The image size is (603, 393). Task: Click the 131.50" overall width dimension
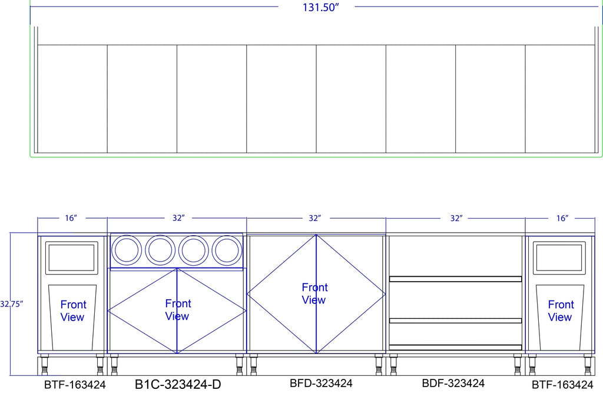pos(321,7)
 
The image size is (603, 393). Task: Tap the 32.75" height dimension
pos(12,304)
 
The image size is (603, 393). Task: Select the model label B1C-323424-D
pos(178,384)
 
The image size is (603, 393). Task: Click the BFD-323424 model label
pos(321,384)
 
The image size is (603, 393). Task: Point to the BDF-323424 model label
pos(453,384)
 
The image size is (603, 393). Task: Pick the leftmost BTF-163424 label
pos(75,385)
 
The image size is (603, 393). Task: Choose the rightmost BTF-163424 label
pos(562,385)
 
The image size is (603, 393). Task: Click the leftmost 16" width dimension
pos(71,218)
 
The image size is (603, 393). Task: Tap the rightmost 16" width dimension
pos(562,218)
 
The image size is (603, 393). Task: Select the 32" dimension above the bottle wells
pos(179,218)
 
